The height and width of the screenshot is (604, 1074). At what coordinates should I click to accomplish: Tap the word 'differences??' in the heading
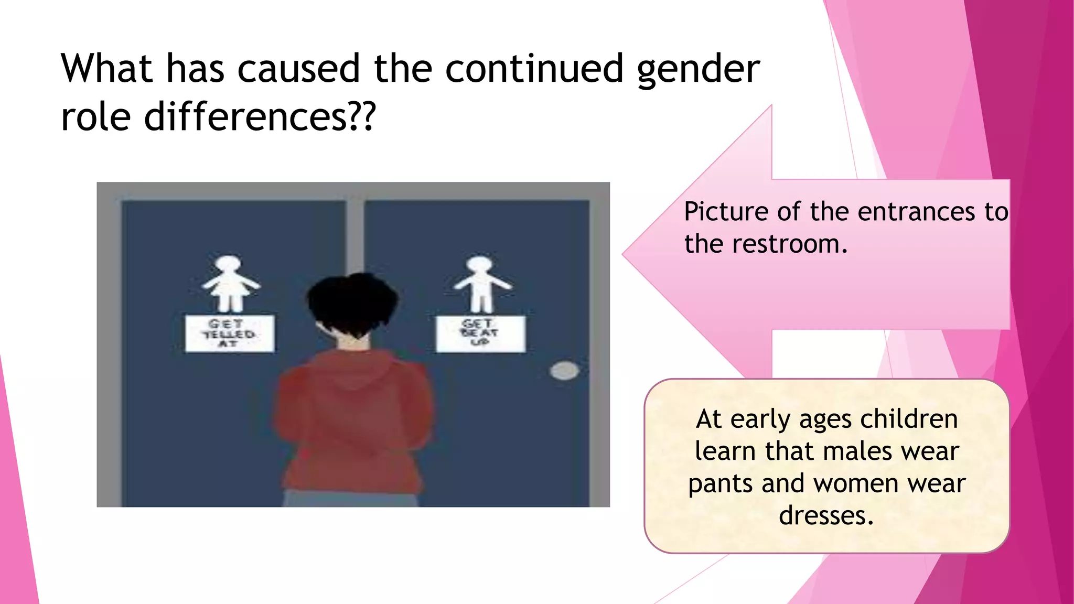point(260,117)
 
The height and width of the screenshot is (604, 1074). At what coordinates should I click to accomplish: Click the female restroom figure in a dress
point(229,284)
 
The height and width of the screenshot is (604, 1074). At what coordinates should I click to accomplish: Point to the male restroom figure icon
point(481,285)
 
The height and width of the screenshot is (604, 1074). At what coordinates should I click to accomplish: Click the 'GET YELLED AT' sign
point(229,333)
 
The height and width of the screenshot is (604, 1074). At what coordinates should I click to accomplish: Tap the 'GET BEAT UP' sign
point(480,333)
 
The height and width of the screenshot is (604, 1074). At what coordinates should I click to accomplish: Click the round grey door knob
point(564,371)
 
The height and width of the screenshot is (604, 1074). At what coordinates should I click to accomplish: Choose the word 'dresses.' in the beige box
point(826,515)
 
